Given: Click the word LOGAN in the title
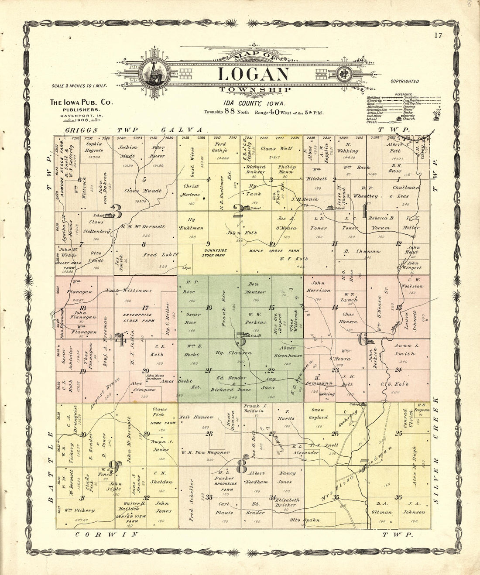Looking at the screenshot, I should [253, 74].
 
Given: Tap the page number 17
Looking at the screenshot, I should [438, 36].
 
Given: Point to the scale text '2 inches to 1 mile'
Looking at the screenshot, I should [79, 86].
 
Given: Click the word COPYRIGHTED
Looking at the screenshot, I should [405, 81].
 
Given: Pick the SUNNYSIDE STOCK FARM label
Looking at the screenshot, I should [214, 253].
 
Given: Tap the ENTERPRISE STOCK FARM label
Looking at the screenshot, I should [137, 318].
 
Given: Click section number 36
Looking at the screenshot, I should [398, 497].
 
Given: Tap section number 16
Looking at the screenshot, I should [209, 308].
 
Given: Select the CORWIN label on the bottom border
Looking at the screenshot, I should [106, 534].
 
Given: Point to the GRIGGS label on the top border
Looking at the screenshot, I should [80, 130].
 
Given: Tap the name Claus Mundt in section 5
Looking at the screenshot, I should [143, 191].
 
